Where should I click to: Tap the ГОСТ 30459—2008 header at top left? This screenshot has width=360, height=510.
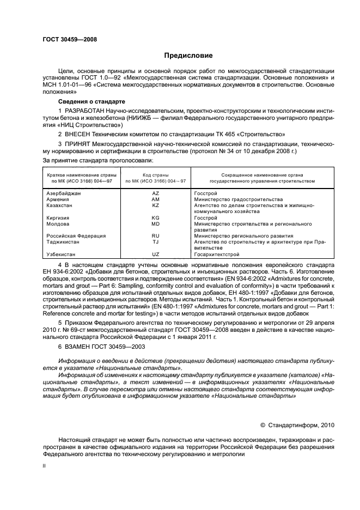point(70,39)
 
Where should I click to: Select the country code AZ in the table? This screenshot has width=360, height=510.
point(155,193)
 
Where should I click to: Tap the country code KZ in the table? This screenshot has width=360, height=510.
point(155,205)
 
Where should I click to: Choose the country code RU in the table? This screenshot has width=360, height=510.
point(155,236)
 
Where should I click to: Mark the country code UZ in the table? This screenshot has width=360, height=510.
point(155,254)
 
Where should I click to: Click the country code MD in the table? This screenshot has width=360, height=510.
point(155,224)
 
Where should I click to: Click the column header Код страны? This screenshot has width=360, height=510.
point(156,174)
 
